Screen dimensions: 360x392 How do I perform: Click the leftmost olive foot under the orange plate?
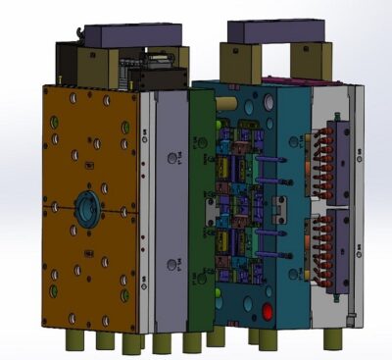(x=74, y=339)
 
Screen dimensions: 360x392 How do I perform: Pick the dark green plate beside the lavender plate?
(x=201, y=206)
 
